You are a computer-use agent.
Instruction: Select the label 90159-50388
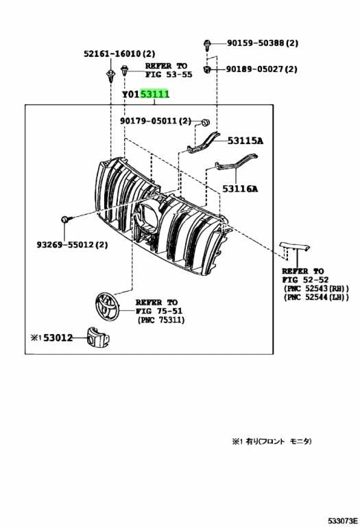(256, 43)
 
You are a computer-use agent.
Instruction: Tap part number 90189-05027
(256, 69)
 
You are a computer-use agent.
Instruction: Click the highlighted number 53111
(155, 94)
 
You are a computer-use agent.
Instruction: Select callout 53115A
(245, 141)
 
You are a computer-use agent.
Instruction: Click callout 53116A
(240, 189)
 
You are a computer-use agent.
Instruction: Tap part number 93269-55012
(66, 244)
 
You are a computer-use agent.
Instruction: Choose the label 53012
(58, 338)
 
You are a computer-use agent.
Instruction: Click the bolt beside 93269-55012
(65, 220)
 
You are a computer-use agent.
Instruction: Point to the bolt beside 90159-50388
(207, 45)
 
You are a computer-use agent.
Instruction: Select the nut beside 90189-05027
(207, 70)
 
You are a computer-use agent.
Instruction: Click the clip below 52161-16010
(110, 75)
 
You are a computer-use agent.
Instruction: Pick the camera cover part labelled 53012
(98, 336)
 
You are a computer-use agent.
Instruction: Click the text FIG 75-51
(159, 312)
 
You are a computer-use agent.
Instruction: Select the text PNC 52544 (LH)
(316, 297)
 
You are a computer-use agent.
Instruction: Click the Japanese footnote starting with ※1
(272, 441)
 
